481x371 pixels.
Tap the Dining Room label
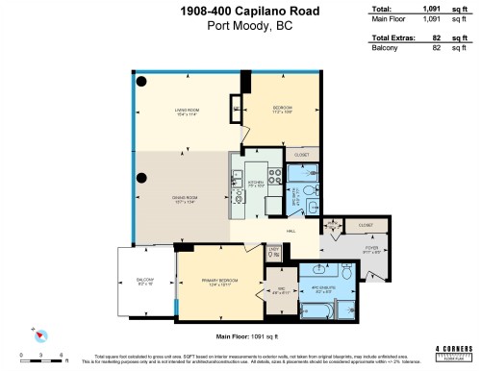pyautogui.click(x=185, y=200)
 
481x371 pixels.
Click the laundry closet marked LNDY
pyautogui.click(x=273, y=253)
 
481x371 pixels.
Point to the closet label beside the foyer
pyautogui.click(x=365, y=225)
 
